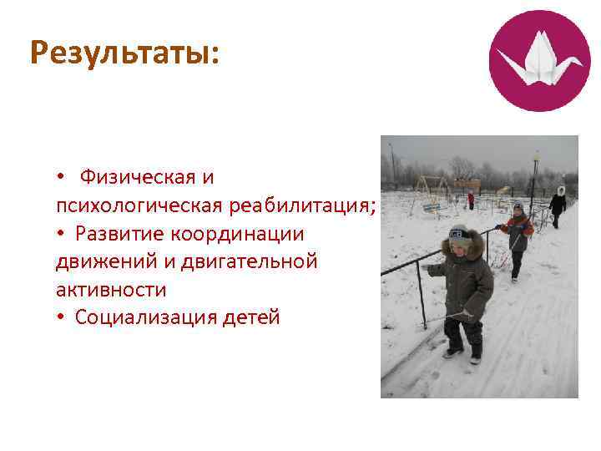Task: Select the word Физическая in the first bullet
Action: coord(147,177)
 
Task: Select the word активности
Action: coord(111,290)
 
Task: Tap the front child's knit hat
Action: coord(457,235)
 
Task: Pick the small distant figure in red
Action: coord(471,200)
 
